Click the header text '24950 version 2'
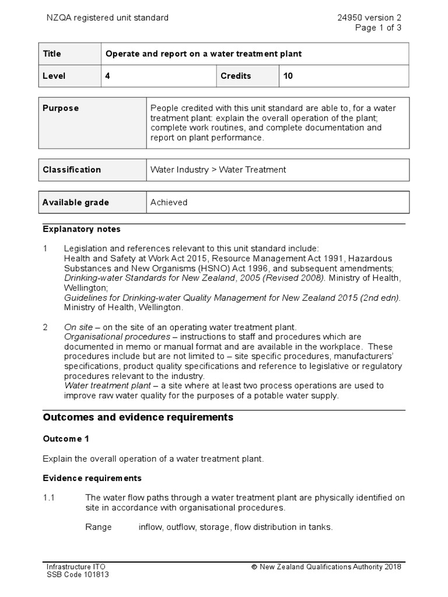point(369,17)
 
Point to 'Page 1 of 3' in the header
point(379,28)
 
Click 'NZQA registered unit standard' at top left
point(107,17)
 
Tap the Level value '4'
point(107,76)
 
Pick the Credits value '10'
point(288,76)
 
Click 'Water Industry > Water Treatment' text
point(218,170)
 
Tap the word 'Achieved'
point(169,202)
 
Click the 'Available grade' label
point(76,202)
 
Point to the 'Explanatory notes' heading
point(82,229)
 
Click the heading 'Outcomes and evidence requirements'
point(138,417)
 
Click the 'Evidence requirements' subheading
point(92,478)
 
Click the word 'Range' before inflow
point(98,527)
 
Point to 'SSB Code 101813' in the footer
point(78,574)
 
